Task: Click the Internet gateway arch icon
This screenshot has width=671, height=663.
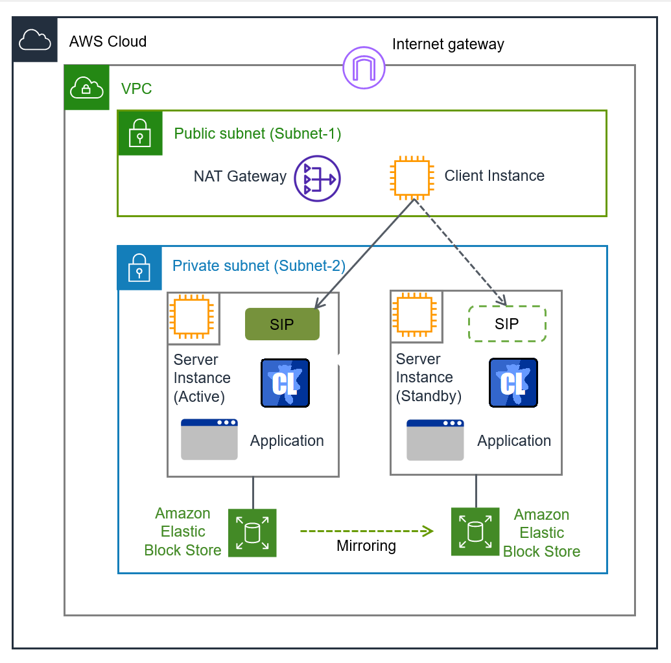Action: click(x=364, y=67)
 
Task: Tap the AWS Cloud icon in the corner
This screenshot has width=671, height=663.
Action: click(x=35, y=40)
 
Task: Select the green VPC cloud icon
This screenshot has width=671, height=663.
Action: click(x=86, y=87)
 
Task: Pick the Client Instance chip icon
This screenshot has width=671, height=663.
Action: click(x=411, y=176)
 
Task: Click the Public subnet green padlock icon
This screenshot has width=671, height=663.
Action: click(x=139, y=134)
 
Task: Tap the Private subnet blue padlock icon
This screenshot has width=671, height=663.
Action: click(x=139, y=268)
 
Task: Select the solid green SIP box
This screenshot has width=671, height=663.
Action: click(x=282, y=324)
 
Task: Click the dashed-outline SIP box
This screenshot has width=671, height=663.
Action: click(x=507, y=323)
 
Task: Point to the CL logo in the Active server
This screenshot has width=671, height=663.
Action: click(x=285, y=383)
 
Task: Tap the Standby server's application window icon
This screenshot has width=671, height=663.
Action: click(x=435, y=440)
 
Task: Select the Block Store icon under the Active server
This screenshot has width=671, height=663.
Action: click(x=252, y=533)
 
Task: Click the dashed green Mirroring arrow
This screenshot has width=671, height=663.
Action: click(x=366, y=531)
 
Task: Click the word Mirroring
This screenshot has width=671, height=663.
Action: click(x=366, y=546)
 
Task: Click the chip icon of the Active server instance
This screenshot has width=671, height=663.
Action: click(x=190, y=318)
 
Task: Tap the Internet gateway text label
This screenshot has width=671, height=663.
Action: click(x=448, y=45)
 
